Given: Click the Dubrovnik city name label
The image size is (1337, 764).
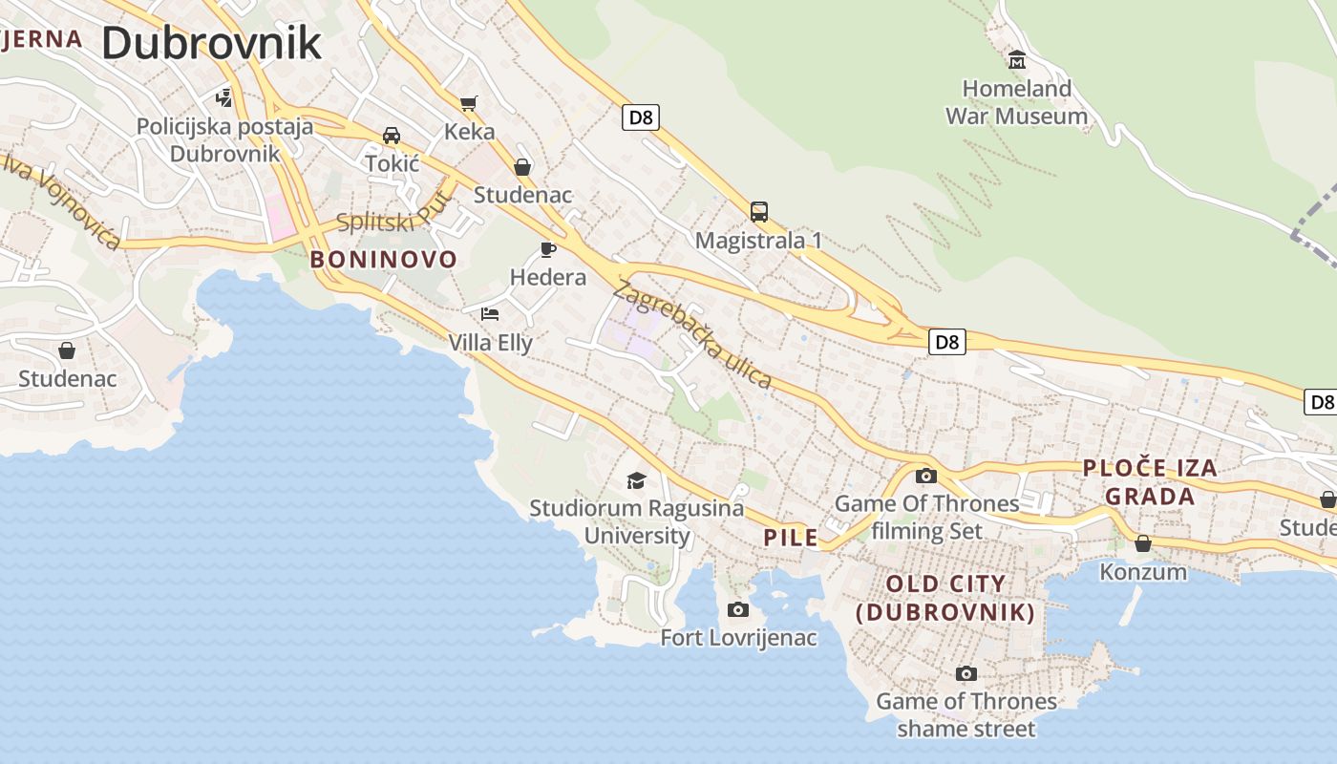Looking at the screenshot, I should [211, 44].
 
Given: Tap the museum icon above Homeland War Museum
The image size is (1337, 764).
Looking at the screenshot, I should [1017, 60].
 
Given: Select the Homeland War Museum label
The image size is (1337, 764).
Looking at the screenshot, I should [1016, 102].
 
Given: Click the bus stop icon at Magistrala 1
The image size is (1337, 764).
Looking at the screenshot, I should [759, 211].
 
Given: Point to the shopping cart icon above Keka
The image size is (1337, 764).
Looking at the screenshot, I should [468, 103].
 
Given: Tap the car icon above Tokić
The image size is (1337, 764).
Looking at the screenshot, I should [392, 136].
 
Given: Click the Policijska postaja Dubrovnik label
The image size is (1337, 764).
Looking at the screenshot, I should [224, 139].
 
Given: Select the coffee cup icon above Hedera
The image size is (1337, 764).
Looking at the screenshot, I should [548, 249].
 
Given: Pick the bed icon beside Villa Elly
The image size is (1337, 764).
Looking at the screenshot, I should [490, 313].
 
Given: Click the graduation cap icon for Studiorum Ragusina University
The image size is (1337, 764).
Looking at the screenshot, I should [636, 479].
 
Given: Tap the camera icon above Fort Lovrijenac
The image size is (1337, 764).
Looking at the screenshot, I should [738, 609].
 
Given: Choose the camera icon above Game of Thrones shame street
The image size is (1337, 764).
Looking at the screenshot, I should [966, 673].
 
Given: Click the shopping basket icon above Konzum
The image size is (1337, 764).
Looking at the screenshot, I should [1143, 543].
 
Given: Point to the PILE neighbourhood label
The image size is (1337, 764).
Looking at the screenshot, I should [791, 538].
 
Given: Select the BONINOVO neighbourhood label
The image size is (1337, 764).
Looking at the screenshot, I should [384, 260].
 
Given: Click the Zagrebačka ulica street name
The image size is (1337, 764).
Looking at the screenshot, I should [693, 334].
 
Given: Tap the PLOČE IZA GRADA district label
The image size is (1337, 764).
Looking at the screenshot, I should [1150, 482].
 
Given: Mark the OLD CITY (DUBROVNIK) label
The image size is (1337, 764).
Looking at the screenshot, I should [945, 598].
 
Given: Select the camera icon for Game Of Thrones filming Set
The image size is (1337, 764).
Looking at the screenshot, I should [925, 476].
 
